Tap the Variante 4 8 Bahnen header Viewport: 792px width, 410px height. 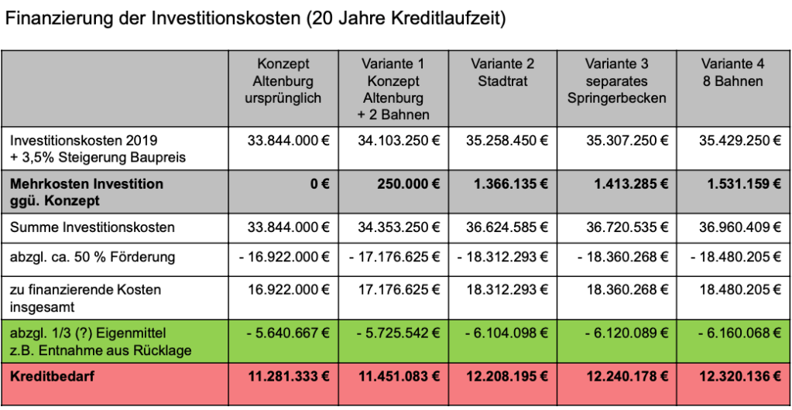point(732,72)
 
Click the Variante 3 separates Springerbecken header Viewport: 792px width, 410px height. point(616,80)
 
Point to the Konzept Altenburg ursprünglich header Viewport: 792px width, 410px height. point(283,80)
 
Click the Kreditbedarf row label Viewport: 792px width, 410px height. point(46,378)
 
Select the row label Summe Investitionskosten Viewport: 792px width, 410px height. point(92,227)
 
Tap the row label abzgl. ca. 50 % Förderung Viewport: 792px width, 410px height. point(92,257)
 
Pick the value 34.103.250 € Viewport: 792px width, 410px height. point(399,141)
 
